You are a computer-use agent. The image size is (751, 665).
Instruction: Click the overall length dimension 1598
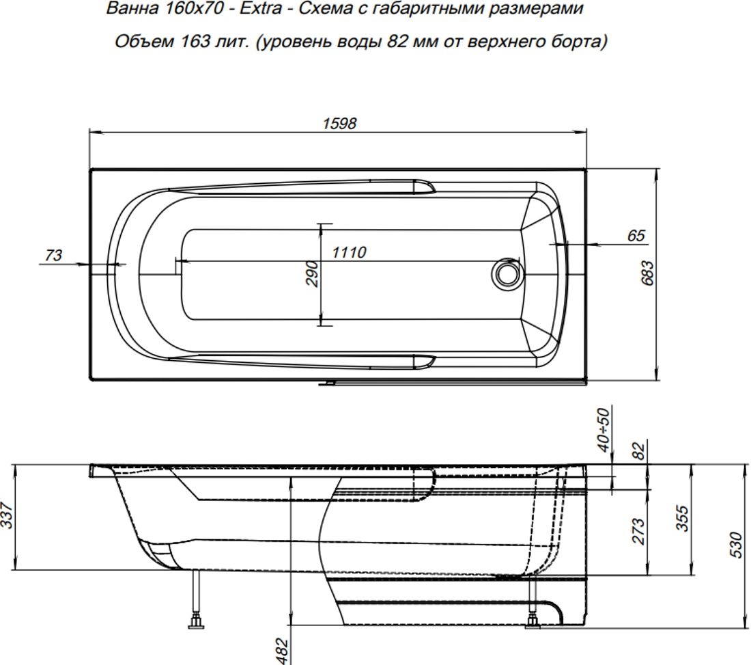[x=339, y=123]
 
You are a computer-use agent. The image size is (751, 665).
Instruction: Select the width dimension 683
[x=649, y=273]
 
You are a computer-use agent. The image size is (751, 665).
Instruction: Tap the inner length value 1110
[x=349, y=252]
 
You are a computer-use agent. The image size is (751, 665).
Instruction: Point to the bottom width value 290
[x=311, y=273]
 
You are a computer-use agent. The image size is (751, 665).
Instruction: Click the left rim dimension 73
[x=53, y=255]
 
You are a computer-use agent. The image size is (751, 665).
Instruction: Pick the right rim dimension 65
[x=636, y=236]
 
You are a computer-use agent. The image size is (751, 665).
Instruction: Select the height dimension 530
[x=736, y=545]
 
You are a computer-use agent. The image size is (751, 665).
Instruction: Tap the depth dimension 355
[x=681, y=518]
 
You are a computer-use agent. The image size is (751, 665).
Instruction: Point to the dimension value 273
[x=639, y=530]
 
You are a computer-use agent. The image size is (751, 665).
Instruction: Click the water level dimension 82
[x=639, y=451]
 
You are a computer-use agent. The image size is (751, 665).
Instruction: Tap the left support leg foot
[x=197, y=622]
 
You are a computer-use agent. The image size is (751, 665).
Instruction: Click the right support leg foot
[x=532, y=621]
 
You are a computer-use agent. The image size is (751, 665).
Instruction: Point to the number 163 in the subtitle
[x=195, y=42]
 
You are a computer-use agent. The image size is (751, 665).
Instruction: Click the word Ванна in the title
[x=130, y=10]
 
